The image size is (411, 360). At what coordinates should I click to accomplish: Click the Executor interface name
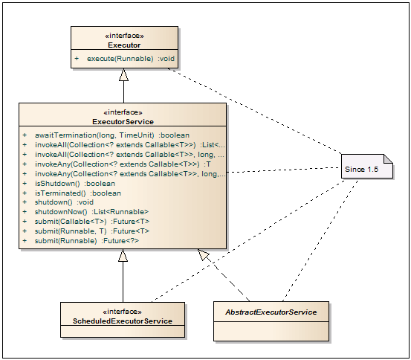[124, 45]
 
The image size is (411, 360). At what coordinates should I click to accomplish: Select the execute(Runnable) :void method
[131, 59]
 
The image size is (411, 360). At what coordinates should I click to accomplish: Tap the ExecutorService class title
[123, 122]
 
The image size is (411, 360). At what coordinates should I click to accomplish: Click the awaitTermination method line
[112, 135]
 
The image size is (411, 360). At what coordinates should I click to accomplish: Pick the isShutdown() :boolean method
[75, 184]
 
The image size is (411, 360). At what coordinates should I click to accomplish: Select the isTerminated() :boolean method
[78, 193]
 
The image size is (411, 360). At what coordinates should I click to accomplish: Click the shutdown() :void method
[64, 202]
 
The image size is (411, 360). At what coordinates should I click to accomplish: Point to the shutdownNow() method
[91, 212]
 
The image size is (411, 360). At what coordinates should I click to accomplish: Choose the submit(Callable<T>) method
[92, 222]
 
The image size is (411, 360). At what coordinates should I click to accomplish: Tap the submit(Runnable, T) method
[92, 231]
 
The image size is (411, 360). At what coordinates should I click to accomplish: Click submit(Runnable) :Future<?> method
[87, 241]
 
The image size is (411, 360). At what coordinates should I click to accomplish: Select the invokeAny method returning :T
[123, 164]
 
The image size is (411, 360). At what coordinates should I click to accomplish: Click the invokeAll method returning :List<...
[130, 145]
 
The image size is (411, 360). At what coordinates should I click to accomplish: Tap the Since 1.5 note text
[361, 170]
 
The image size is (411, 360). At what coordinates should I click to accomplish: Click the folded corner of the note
[389, 158]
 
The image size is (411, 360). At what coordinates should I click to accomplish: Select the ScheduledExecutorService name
[123, 321]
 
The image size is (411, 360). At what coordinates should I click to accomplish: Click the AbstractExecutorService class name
[271, 312]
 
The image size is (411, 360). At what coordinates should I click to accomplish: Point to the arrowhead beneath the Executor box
[123, 75]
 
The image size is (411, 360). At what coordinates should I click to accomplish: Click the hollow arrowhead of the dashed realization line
[204, 255]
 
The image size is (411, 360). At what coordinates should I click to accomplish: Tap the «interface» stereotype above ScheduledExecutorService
[123, 312]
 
